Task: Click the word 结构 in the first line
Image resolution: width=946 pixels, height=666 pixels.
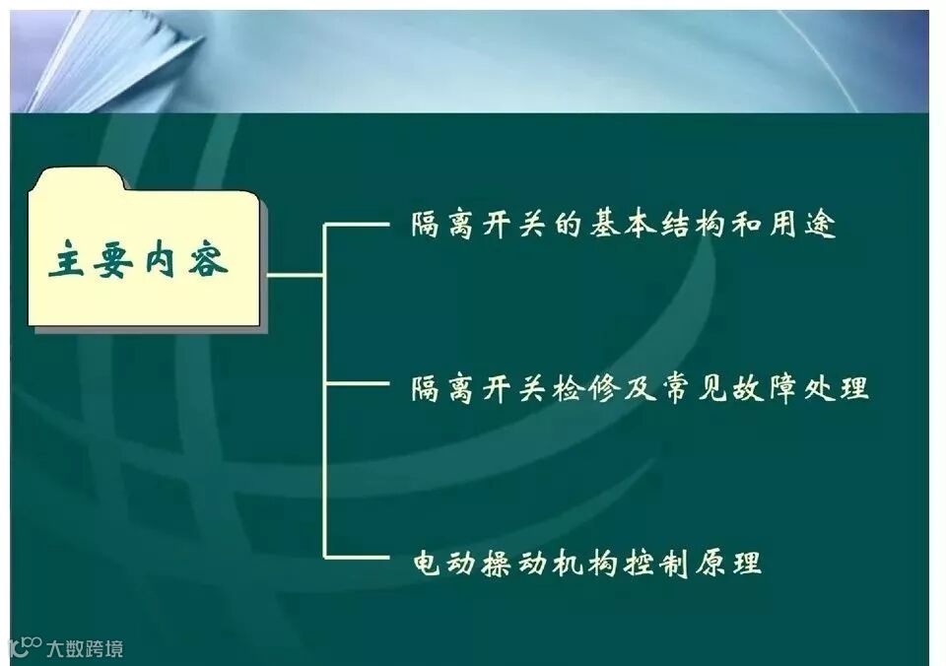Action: [696, 226]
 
